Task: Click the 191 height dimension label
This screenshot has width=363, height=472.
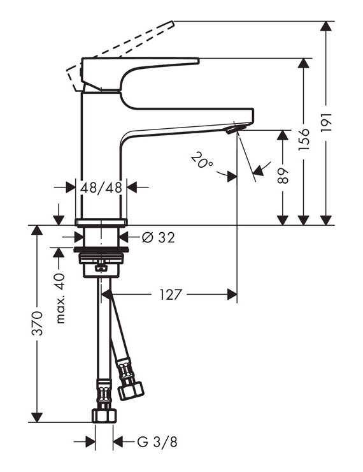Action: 326,122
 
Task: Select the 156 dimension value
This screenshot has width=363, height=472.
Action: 304,140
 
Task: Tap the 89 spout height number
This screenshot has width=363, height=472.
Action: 283,175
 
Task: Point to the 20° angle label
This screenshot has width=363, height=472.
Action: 202,161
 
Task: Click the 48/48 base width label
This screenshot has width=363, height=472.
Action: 101,188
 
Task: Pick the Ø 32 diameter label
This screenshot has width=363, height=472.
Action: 158,238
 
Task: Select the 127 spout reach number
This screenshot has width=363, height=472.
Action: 171,295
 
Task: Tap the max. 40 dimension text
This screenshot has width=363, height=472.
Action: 60,299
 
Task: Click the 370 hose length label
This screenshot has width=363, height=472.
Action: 38,323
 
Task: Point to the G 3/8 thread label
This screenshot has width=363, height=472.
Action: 157,442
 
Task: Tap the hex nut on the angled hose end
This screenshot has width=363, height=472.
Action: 131,392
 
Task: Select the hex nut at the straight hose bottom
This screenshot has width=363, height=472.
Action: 104,415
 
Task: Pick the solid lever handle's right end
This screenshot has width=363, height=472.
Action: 197,61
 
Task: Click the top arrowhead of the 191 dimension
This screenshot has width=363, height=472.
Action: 326,26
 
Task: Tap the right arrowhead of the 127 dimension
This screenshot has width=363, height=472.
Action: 232,295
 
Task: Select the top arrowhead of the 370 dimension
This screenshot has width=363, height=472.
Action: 37,230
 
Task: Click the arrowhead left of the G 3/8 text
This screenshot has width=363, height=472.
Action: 90,442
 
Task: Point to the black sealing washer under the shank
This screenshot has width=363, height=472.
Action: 101,249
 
